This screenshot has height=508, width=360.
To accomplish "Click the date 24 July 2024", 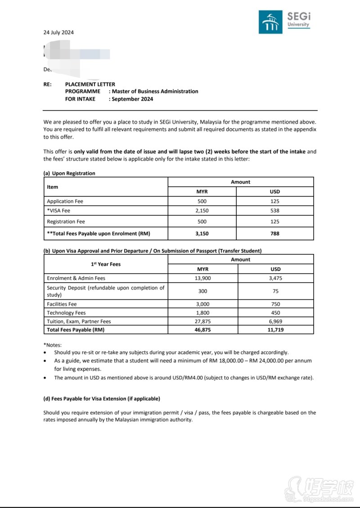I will coord(58,32).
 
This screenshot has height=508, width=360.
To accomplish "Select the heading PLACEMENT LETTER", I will coord(90,84).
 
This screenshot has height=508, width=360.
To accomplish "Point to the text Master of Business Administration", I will coord(155,91).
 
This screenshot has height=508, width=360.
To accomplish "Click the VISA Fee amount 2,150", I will coord(202,210).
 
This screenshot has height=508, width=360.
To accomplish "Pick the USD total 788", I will coord(275,233).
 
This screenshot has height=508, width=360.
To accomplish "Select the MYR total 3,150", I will coord(202,233).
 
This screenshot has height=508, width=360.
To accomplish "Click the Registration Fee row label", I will coord(66,222).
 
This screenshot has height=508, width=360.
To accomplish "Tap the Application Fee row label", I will coord(65,201).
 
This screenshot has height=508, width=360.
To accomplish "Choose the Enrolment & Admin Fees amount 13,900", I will coord(202,278).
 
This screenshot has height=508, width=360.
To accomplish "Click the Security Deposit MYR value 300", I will coord(202,291).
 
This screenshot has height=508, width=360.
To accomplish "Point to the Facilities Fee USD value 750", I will coord(275,304).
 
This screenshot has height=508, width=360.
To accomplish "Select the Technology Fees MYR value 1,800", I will coord(202,313).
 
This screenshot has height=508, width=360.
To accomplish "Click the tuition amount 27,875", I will coord(202,321).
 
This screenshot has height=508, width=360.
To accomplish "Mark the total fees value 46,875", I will coord(202,330).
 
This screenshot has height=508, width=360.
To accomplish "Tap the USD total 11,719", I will coord(275,330).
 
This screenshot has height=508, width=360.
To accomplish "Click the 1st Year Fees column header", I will coord(106,264).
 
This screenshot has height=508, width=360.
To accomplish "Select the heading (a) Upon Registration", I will coord(69,173).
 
